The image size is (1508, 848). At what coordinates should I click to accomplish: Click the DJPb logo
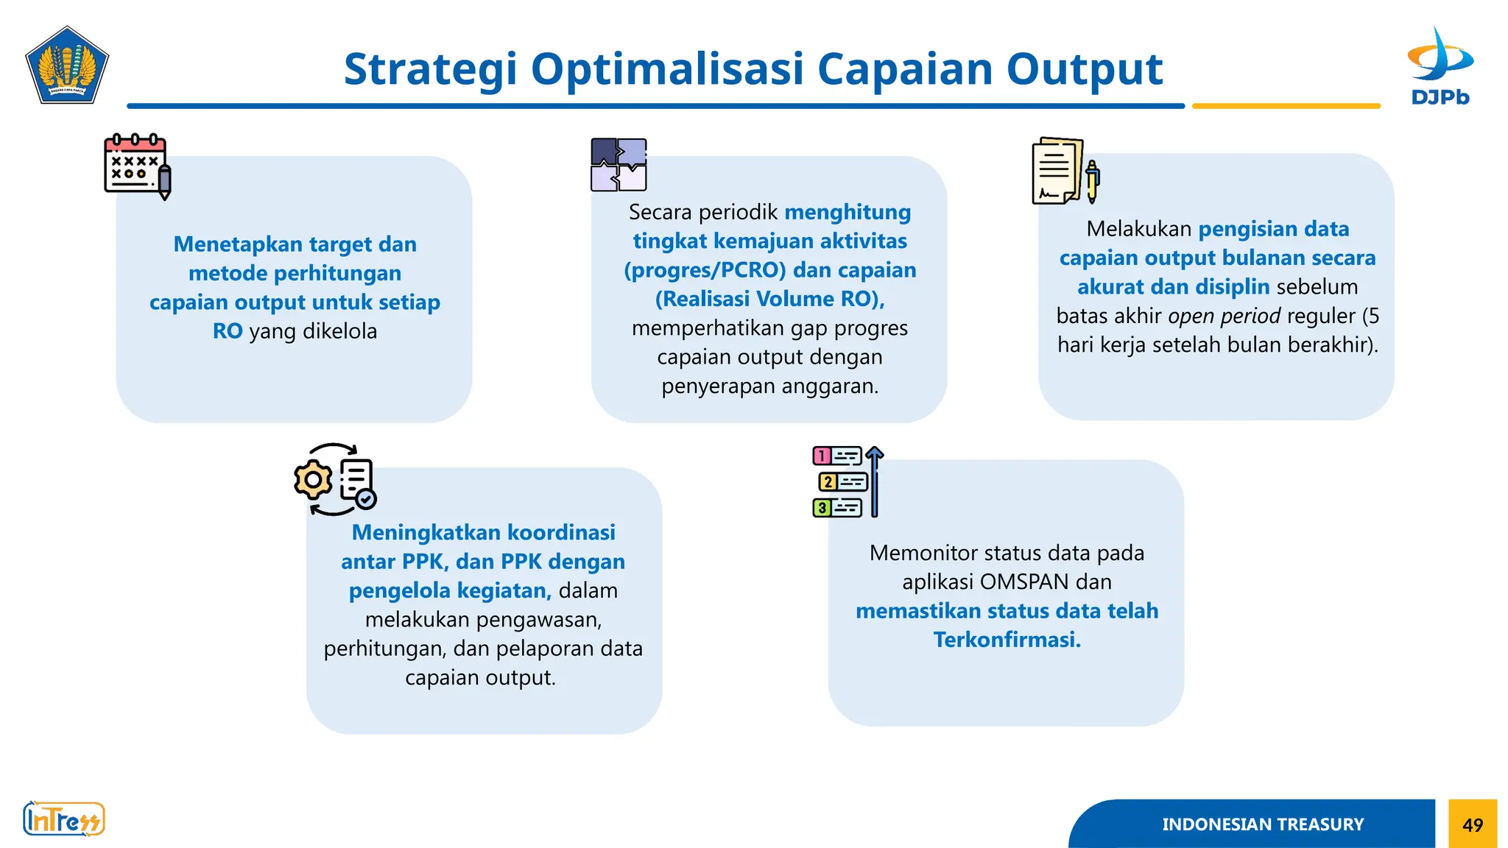click(1440, 66)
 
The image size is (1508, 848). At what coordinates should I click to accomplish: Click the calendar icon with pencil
click(137, 166)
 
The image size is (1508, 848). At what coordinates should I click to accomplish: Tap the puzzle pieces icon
click(619, 165)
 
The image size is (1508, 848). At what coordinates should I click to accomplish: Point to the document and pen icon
click(1064, 171)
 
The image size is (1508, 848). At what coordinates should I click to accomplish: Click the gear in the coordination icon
click(314, 480)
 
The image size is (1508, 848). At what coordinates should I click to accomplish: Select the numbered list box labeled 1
click(836, 456)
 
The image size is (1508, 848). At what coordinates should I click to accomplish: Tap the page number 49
click(1473, 824)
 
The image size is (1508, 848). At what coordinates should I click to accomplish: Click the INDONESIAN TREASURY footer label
click(1262, 824)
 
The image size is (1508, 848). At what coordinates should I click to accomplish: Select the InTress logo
click(64, 819)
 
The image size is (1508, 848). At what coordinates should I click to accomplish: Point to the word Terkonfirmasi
click(1007, 640)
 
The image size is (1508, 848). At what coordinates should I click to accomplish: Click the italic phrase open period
click(1224, 316)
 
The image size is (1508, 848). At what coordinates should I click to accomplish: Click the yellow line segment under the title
click(1286, 106)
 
